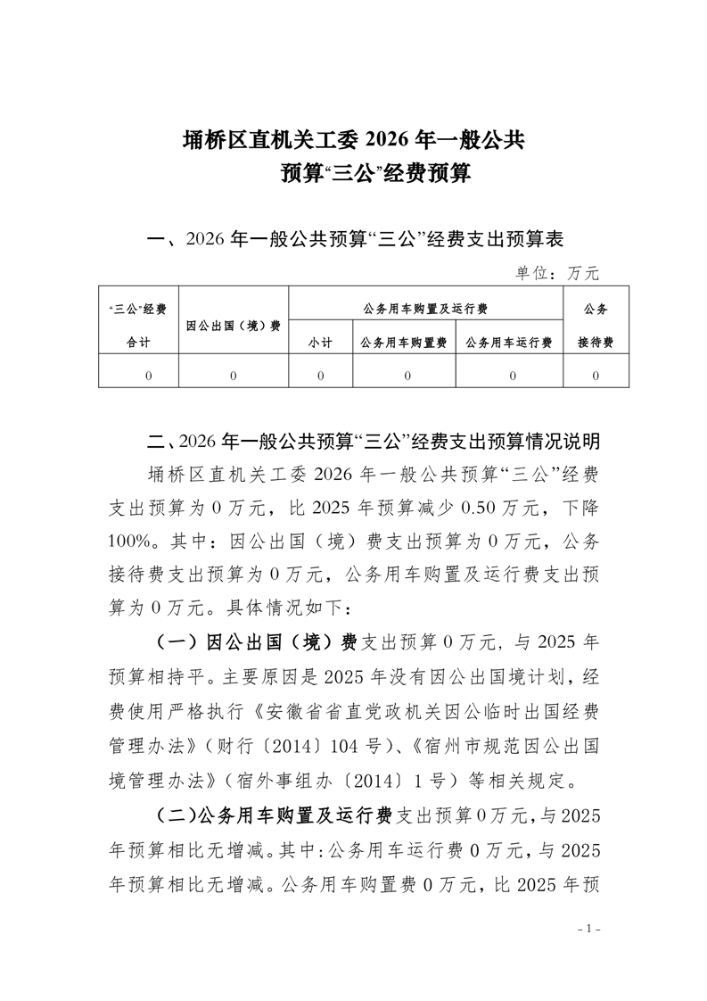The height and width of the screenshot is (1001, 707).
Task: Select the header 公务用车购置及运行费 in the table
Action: click(425, 309)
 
